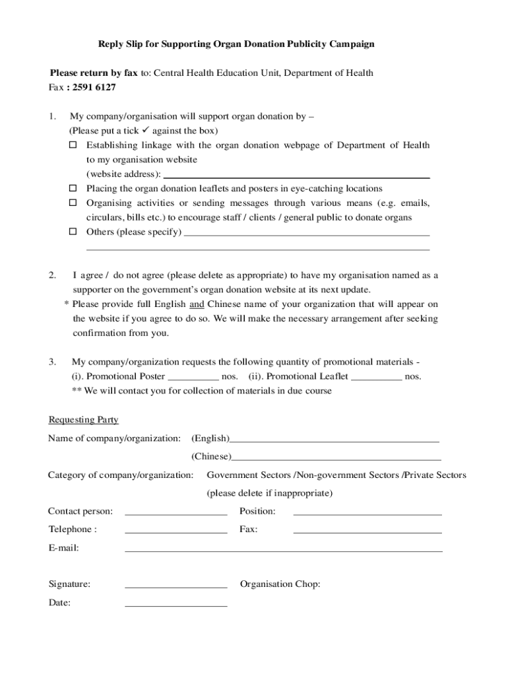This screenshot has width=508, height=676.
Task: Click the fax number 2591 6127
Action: point(93,87)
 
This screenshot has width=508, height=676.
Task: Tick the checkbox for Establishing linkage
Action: point(74,145)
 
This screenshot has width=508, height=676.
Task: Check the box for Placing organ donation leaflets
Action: point(74,189)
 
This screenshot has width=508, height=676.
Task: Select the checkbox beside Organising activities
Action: point(74,203)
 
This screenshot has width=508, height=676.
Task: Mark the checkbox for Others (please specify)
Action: point(74,232)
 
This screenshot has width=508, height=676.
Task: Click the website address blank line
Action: point(296,176)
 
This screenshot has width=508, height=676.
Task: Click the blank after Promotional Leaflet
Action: point(376,378)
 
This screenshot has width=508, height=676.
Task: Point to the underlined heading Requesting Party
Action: point(83,420)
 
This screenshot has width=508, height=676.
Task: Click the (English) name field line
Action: point(334,440)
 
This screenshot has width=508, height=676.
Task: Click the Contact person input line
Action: point(175,512)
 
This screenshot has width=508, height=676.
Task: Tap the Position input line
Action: point(367,512)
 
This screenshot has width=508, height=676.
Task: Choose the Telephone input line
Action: point(175,531)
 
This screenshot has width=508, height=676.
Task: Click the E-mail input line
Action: point(283,549)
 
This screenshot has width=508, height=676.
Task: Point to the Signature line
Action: point(175,586)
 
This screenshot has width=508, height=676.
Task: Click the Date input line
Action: point(175,604)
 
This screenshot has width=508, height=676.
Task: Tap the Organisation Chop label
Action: point(280,584)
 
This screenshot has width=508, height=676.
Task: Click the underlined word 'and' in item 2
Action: point(197,304)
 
